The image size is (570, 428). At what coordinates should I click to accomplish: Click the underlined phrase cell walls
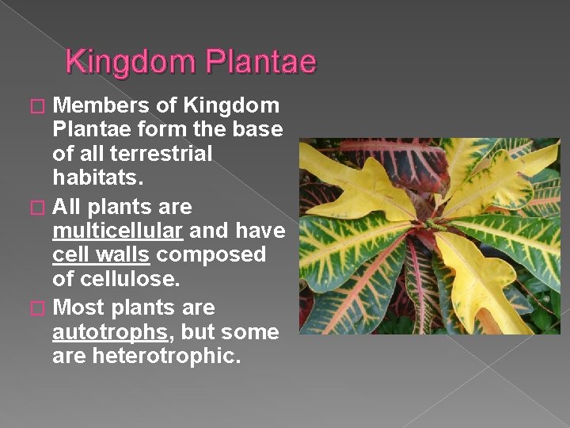[x=101, y=255]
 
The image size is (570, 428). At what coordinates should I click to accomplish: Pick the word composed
[x=211, y=255]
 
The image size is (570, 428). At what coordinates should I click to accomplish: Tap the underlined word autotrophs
[x=108, y=332]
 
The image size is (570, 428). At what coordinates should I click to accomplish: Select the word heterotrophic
[x=166, y=356]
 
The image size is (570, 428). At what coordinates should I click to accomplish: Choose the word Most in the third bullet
[x=82, y=308]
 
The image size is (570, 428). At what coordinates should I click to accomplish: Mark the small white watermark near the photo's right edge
[x=545, y=298]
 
